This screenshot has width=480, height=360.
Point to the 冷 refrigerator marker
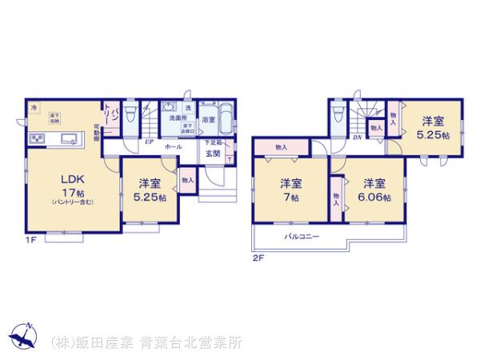33,106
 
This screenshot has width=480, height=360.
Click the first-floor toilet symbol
132,114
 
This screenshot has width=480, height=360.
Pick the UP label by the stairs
149,143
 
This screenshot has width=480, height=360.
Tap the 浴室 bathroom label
207,119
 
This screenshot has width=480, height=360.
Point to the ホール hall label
173,147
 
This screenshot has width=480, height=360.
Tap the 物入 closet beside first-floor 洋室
186,180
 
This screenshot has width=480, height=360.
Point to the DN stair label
357,137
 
